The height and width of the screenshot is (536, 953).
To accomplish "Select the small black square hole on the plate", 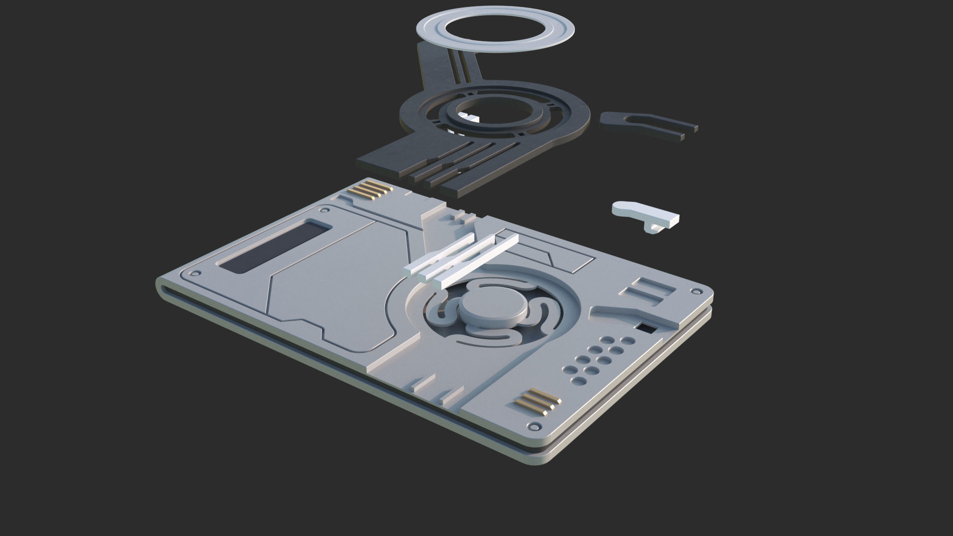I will point(646,328).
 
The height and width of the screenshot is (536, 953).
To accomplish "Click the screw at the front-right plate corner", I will point(534,426).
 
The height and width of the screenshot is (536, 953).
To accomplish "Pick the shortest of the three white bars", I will point(437,254).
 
